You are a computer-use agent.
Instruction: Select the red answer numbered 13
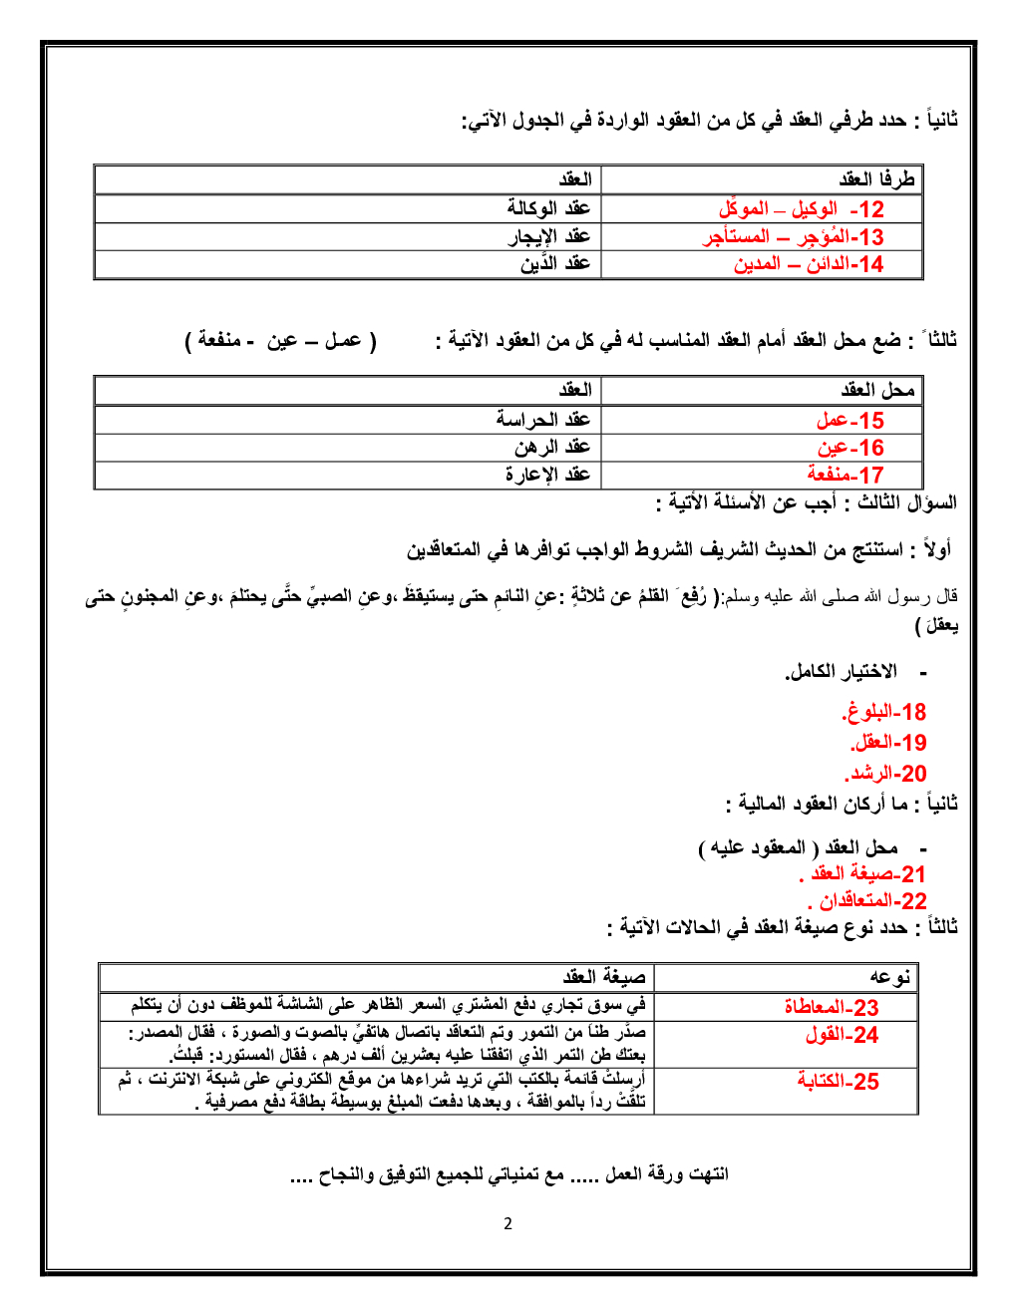pos(794,237)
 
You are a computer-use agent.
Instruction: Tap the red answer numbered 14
pos(809,264)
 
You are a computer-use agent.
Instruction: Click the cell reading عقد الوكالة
pos(548,208)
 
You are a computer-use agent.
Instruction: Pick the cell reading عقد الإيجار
pos(549,236)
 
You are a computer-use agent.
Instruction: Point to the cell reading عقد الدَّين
pos(555,263)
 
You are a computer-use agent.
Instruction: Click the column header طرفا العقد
pos(876,179)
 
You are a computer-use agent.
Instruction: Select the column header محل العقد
pos(877,390)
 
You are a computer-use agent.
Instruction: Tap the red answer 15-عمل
pos(849,421)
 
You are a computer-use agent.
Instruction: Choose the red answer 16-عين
pos(850,448)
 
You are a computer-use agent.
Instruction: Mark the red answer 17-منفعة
pos(846,475)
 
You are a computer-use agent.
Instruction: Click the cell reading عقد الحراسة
pos(543,419)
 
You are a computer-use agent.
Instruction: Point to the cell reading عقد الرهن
pos(552,447)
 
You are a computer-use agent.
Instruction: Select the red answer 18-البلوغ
pos(884,712)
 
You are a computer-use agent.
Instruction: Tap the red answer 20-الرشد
pos(886,774)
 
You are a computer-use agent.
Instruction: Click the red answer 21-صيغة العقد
pos(863,874)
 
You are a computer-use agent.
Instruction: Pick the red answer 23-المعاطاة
pos(832,1007)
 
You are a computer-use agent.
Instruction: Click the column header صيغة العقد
pos(604,977)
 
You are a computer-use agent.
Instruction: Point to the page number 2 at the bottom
pos(508,1224)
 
